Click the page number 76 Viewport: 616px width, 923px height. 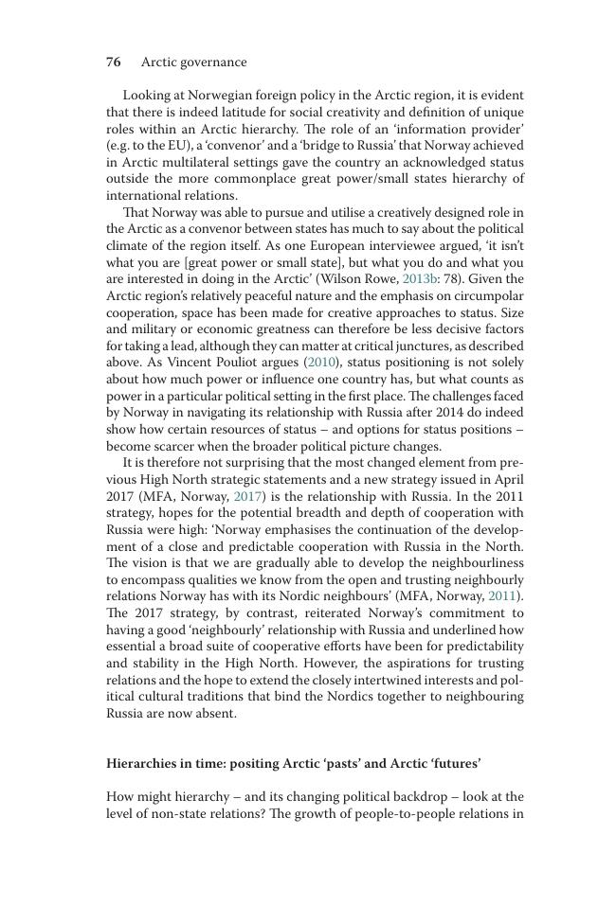tap(113, 62)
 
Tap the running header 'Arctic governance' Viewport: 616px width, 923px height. tap(193, 62)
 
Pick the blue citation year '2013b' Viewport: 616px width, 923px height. tap(421, 279)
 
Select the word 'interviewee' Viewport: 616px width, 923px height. tap(415, 246)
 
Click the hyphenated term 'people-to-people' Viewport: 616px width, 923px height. tap(404, 813)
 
